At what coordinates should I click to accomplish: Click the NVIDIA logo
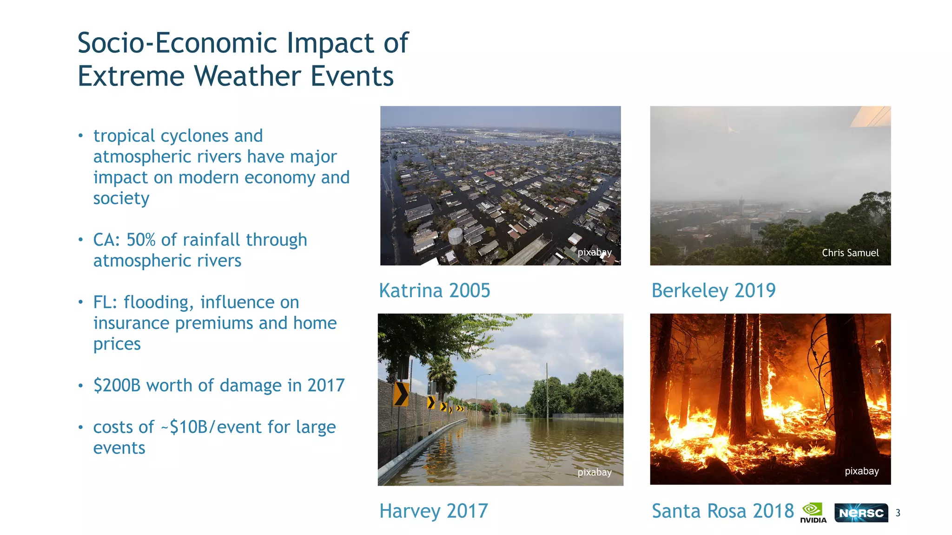click(x=813, y=513)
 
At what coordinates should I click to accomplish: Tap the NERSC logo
click(x=861, y=513)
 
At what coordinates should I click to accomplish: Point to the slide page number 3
click(x=898, y=513)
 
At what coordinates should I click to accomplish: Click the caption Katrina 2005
click(x=435, y=291)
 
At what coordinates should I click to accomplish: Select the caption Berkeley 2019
click(x=714, y=291)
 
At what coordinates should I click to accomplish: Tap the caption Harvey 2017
click(x=433, y=511)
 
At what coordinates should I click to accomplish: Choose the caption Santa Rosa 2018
click(x=723, y=511)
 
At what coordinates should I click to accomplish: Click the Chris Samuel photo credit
click(x=850, y=253)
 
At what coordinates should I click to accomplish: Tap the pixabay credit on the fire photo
click(x=861, y=471)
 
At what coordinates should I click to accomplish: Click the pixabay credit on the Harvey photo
click(x=595, y=472)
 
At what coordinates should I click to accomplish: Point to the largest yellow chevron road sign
click(x=401, y=394)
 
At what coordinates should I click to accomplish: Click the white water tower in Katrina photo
click(x=455, y=236)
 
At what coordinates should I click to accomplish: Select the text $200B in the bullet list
click(x=117, y=385)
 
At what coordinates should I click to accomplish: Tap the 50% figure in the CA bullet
click(x=140, y=240)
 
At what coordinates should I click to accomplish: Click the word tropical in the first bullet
click(x=124, y=136)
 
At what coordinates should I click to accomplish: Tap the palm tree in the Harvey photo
click(x=442, y=372)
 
